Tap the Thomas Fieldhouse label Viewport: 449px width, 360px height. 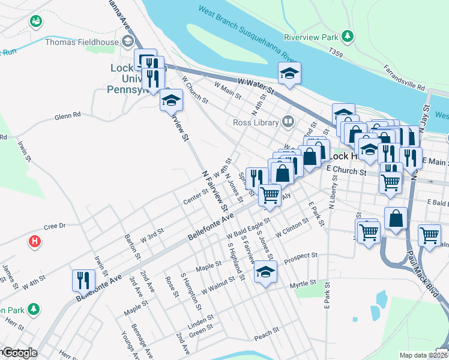pos(83,41)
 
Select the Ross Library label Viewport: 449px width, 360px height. pos(256,122)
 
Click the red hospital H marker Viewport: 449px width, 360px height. pos(35,242)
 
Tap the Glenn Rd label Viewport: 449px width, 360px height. pos(67,116)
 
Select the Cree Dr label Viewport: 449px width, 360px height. pos(54,227)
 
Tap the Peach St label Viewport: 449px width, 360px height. pos(267,331)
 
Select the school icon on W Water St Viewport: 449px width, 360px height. pos(289,74)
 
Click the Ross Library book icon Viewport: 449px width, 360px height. pos(288,122)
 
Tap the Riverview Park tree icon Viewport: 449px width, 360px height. pos(348,36)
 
